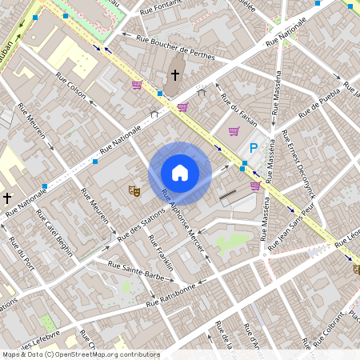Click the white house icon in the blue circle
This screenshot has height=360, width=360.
click(180, 172)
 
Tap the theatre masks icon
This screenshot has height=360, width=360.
click(134, 190)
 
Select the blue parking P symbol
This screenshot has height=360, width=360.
click(254, 148)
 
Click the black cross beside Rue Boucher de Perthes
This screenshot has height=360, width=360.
click(175, 76)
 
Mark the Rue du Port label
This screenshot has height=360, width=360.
click(20, 256)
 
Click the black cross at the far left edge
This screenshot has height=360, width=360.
click(7, 198)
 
